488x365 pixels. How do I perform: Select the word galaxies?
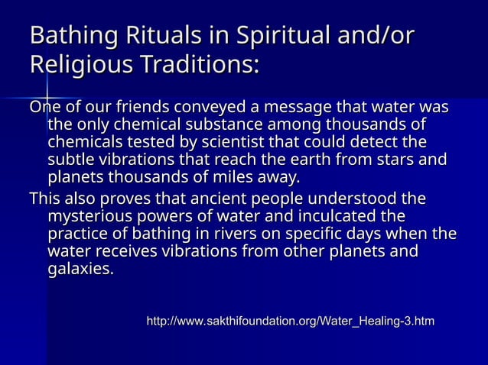(80, 270)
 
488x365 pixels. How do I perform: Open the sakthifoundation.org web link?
(290, 323)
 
